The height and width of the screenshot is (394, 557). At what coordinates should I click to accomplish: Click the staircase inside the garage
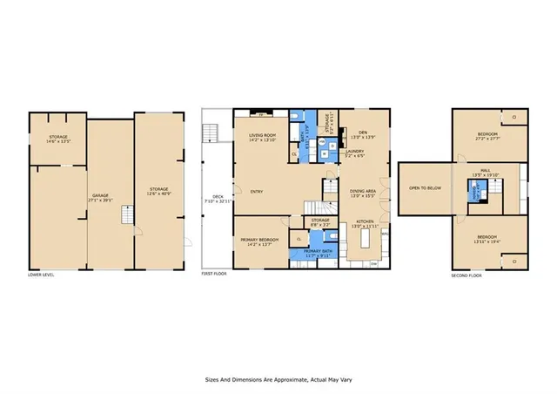[x=126, y=215]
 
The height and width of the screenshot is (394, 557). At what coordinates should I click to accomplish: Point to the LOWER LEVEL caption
[x=40, y=275]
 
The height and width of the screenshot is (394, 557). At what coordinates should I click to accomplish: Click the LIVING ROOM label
[x=262, y=137]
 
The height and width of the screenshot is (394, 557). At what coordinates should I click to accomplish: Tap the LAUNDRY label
[x=355, y=154]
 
